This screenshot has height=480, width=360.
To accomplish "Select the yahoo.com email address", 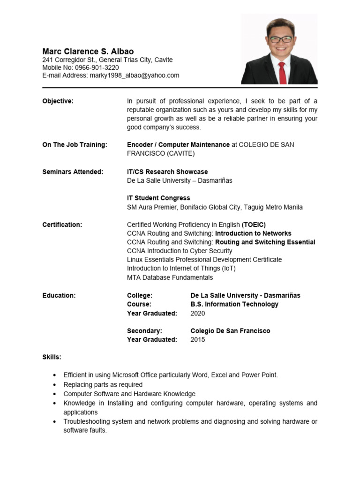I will (x=135, y=75).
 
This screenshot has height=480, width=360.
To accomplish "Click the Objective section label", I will (x=58, y=101).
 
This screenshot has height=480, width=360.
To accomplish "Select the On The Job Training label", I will (x=75, y=144).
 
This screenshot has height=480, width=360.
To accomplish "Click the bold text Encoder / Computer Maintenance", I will (x=178, y=144).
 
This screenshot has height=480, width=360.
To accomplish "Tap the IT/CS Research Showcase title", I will (x=167, y=172).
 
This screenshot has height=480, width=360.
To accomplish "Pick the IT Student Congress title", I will (x=158, y=198).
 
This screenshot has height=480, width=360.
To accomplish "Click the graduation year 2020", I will (x=198, y=313).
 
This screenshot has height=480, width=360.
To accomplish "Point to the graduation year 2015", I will (x=198, y=339).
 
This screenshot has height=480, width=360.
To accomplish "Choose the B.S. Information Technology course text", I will (x=234, y=304).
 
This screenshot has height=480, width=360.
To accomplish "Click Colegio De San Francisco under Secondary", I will (x=230, y=331).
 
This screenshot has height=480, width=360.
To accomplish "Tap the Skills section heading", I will (x=52, y=357).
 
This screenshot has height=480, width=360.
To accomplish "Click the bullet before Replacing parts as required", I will (x=55, y=385).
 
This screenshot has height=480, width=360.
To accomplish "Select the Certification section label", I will (x=62, y=225).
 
